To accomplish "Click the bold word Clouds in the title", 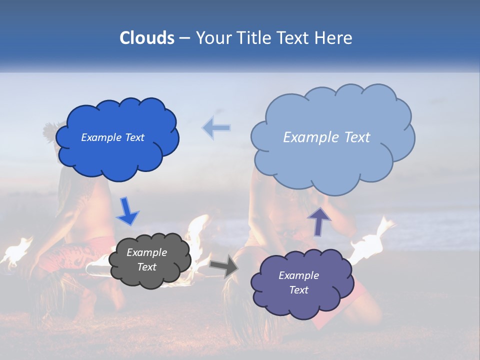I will pyautogui.click(x=146, y=38).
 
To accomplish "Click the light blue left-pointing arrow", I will pyautogui.click(x=216, y=128).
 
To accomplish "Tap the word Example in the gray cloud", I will pyautogui.click(x=146, y=252).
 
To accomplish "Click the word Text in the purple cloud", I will pyautogui.click(x=298, y=290).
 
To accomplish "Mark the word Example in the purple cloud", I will pyautogui.click(x=298, y=275).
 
